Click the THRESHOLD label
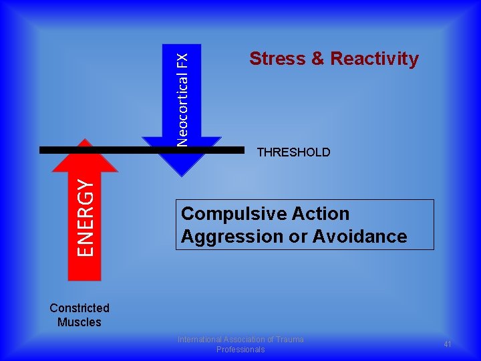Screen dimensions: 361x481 [x=293, y=152]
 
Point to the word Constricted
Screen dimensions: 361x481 [x=79, y=308]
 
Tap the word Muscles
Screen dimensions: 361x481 [x=79, y=322]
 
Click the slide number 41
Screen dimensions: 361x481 [x=448, y=344]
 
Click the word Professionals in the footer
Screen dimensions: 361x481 [x=240, y=350]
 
